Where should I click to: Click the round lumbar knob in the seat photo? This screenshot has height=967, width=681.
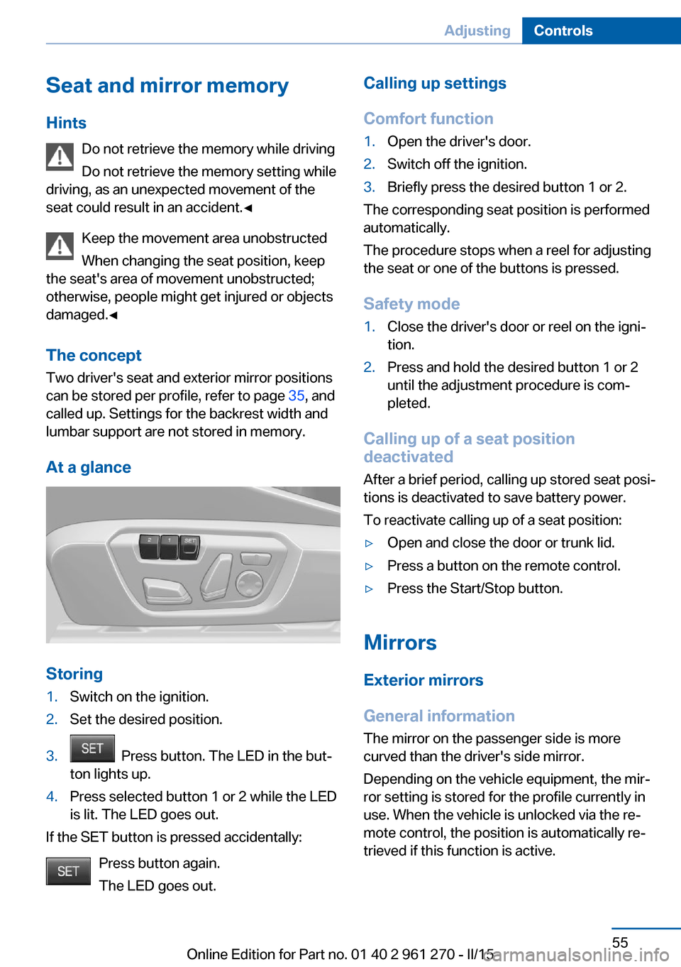[249, 584]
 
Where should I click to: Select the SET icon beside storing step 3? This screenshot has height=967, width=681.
[92, 749]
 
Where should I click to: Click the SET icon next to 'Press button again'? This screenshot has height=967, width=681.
[68, 871]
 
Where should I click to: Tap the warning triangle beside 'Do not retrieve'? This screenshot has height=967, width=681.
[60, 157]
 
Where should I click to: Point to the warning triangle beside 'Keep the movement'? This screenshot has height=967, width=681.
[60, 246]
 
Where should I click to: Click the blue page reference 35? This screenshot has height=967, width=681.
[296, 395]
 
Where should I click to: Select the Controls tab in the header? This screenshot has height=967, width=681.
[563, 31]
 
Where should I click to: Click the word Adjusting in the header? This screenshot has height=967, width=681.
[477, 31]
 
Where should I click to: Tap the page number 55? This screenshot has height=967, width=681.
[620, 942]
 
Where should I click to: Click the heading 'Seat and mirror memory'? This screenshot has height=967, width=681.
[167, 86]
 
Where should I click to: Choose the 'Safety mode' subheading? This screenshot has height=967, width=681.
[411, 304]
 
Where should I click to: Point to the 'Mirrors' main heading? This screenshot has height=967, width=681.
[400, 643]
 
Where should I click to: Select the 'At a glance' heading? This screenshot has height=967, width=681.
[89, 467]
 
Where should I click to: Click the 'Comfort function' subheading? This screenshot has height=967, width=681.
[428, 119]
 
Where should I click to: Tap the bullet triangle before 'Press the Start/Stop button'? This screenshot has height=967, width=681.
[369, 589]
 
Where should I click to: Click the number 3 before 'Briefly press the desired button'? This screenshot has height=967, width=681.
[369, 187]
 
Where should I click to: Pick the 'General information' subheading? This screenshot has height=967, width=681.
[439, 716]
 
